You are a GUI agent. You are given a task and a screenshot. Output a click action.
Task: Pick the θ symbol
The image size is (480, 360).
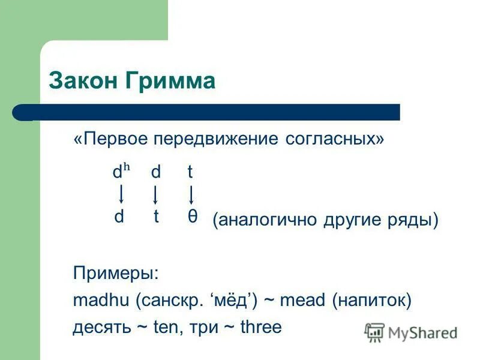[192, 217]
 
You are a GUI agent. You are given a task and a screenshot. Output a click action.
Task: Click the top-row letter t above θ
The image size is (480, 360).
[190, 173]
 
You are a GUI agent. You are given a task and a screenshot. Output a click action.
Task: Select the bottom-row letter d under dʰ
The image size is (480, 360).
[119, 217]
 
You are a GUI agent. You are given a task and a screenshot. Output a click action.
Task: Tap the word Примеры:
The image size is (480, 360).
[116, 273]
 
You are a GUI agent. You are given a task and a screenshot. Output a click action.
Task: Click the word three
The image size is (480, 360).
[260, 327]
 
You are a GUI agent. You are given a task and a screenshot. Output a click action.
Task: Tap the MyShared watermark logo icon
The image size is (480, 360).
[374, 332]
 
